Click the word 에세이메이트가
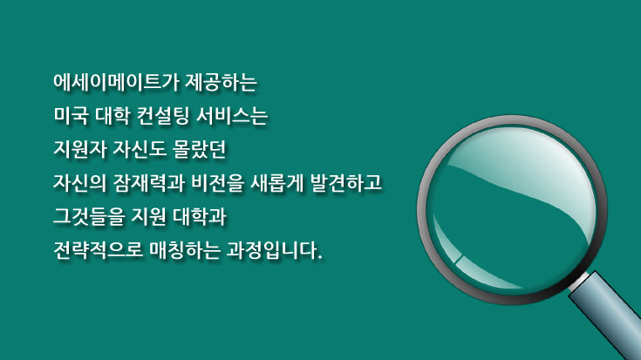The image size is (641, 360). [117, 82]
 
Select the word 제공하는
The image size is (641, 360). [222, 82]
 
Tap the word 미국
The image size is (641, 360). [72, 116]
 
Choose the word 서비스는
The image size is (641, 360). [232, 116]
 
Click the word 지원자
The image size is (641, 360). [80, 149]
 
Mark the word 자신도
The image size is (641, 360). [140, 149]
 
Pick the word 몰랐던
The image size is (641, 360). [199, 149]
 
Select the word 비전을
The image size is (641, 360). [217, 183]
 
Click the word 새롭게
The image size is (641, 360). [276, 183]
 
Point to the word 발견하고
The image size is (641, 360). [346, 183]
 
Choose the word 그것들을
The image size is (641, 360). [89, 216]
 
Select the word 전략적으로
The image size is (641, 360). [98, 250]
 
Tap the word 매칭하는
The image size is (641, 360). [185, 250]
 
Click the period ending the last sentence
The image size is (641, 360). [320, 256]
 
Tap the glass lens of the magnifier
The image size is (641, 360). [512, 209]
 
